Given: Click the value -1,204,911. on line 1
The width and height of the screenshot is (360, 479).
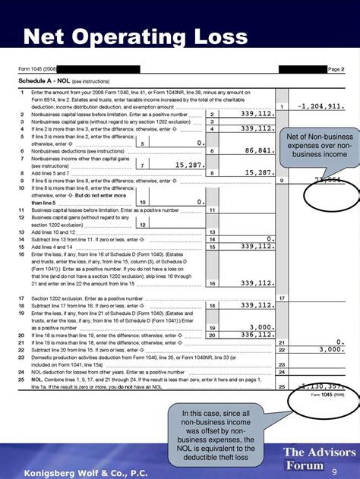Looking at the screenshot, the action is (x=322, y=107).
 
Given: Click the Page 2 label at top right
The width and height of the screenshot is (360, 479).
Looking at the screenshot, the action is (x=336, y=69).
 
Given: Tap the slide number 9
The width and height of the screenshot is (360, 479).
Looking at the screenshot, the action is (x=334, y=471).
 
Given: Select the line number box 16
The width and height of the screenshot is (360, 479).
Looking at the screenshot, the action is (x=213, y=283).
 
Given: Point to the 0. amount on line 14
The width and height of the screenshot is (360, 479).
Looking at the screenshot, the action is (x=270, y=238).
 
